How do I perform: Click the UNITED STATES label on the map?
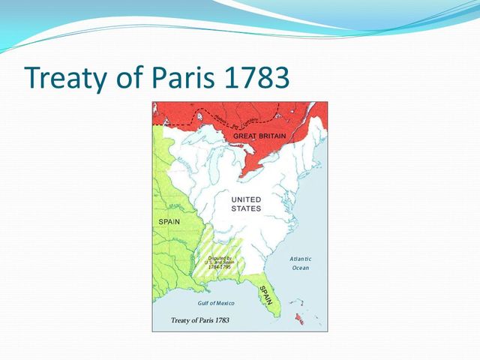(246, 203)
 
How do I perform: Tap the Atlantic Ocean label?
(301, 262)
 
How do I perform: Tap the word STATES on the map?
(246, 208)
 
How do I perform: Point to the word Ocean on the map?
(301, 268)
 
